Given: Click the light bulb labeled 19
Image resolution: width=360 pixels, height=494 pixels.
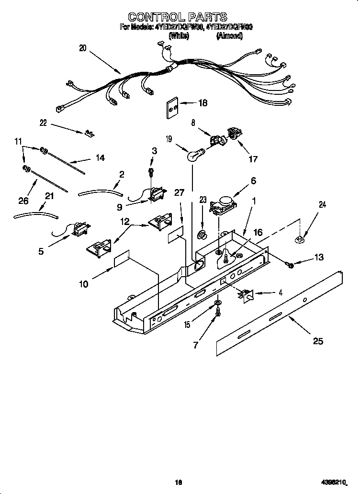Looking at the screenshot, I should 193,155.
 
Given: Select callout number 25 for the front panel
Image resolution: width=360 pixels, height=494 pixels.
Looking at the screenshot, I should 317,341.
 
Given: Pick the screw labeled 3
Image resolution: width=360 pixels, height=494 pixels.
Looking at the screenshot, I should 151,171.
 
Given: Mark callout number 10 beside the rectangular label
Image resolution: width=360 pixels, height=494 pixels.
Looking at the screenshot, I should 83,284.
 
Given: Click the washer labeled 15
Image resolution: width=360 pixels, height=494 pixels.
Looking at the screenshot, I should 218,303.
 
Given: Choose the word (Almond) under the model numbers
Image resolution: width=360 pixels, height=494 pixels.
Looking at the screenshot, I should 229,35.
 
